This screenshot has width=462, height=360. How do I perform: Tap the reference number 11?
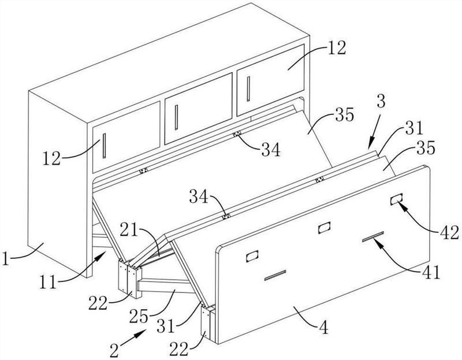[x=49, y=283]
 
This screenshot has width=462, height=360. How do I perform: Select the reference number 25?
[x=139, y=316]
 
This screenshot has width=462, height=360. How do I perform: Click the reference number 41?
[x=430, y=272]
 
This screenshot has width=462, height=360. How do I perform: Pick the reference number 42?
[x=450, y=233]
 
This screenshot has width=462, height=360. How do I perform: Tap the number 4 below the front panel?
[x=324, y=328]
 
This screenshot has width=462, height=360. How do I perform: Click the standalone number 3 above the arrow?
[x=381, y=102]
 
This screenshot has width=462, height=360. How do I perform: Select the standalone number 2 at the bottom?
[x=114, y=350]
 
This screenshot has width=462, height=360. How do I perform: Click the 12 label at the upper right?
[x=337, y=48]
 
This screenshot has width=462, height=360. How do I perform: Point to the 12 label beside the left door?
[x=51, y=158]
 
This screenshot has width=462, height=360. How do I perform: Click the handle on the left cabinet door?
[x=105, y=146]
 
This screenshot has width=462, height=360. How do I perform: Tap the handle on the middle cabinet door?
[x=176, y=117]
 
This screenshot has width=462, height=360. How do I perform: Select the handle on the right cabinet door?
[x=248, y=89]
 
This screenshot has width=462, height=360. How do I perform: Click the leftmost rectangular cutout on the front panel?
[x=252, y=256]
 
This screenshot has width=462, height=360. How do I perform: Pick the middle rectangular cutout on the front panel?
[x=324, y=228]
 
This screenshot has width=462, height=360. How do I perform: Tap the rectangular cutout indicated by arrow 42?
[x=396, y=199]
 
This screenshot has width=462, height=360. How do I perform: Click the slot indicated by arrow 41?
[x=373, y=236]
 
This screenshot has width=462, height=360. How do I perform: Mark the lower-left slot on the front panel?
[x=275, y=275]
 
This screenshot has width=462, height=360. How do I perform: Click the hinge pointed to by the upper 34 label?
[x=237, y=134]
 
